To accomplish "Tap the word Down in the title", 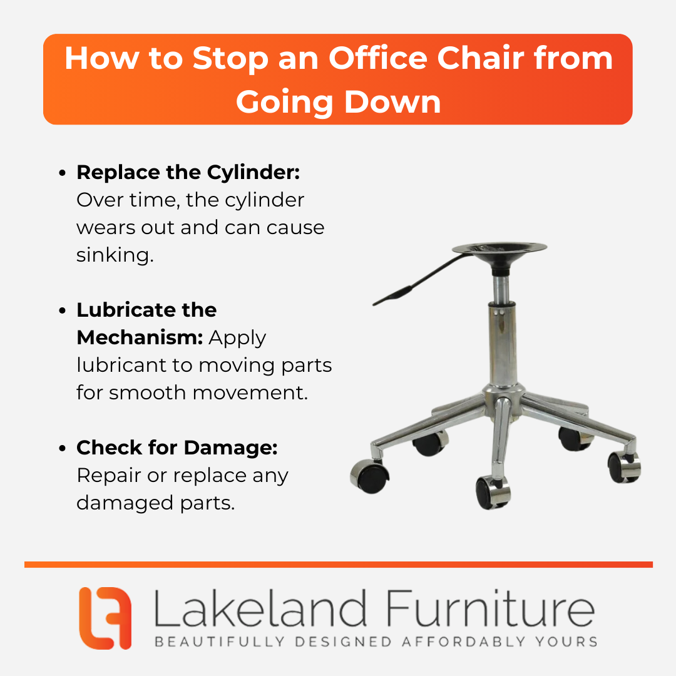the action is (x=392, y=102).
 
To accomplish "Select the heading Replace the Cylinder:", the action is (x=188, y=173).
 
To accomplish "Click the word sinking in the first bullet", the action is (x=115, y=255).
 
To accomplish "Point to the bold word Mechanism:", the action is (x=140, y=337).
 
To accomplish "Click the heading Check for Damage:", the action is (x=177, y=448).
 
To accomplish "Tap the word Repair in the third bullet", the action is (x=110, y=476).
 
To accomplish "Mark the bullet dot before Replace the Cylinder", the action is (x=63, y=173).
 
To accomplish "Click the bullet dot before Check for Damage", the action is (x=63, y=448).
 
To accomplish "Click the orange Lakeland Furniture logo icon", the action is (x=105, y=618).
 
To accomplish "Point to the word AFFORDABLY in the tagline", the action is (x=463, y=642).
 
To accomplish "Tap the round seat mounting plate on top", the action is (x=499, y=249).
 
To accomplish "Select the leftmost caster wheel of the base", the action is (x=369, y=477).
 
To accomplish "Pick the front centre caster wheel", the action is (x=493, y=493).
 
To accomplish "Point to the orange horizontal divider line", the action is (x=339, y=565).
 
